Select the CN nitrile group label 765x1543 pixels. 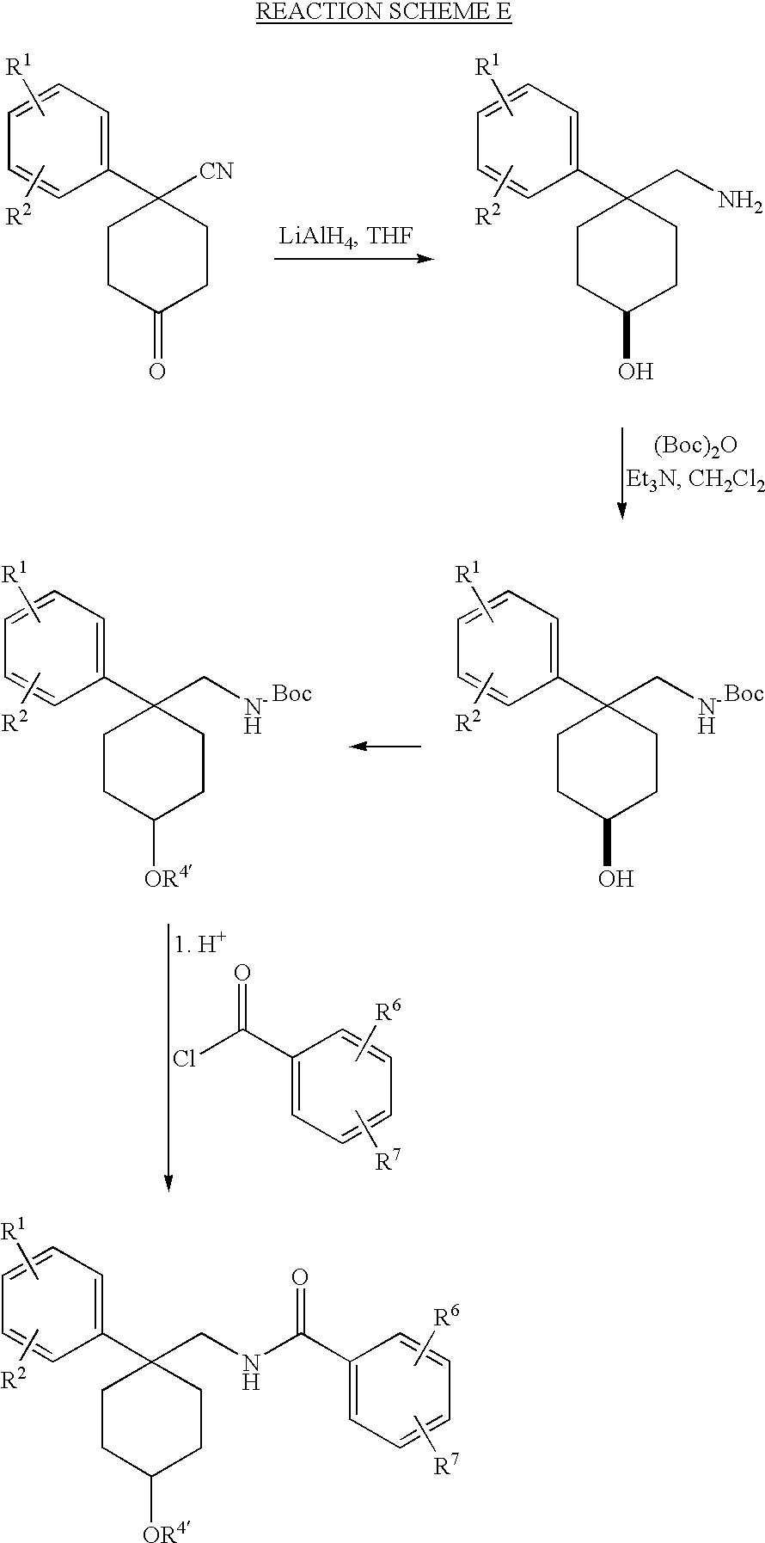tap(216, 171)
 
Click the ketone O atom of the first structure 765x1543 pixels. tap(156, 372)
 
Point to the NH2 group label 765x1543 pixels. tap(740, 201)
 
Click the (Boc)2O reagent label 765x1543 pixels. tap(695, 446)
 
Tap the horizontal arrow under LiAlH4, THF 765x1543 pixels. tap(353, 258)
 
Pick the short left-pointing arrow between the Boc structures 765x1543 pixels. tap(385, 746)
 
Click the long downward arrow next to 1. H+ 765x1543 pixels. tap(168, 1057)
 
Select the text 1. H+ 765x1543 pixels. tap(201, 944)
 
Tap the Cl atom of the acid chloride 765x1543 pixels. tap(185, 1059)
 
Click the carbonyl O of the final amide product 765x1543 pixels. tap(300, 1276)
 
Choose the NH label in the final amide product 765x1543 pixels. tap(251, 1370)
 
